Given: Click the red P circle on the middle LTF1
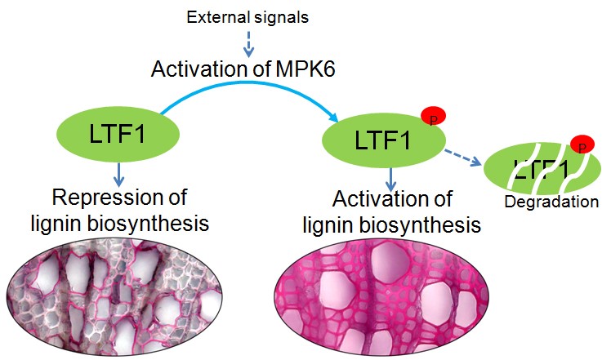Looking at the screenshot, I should click(434, 118).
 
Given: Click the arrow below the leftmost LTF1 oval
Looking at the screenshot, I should click(118, 174).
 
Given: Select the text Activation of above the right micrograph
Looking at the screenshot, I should click(392, 201).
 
